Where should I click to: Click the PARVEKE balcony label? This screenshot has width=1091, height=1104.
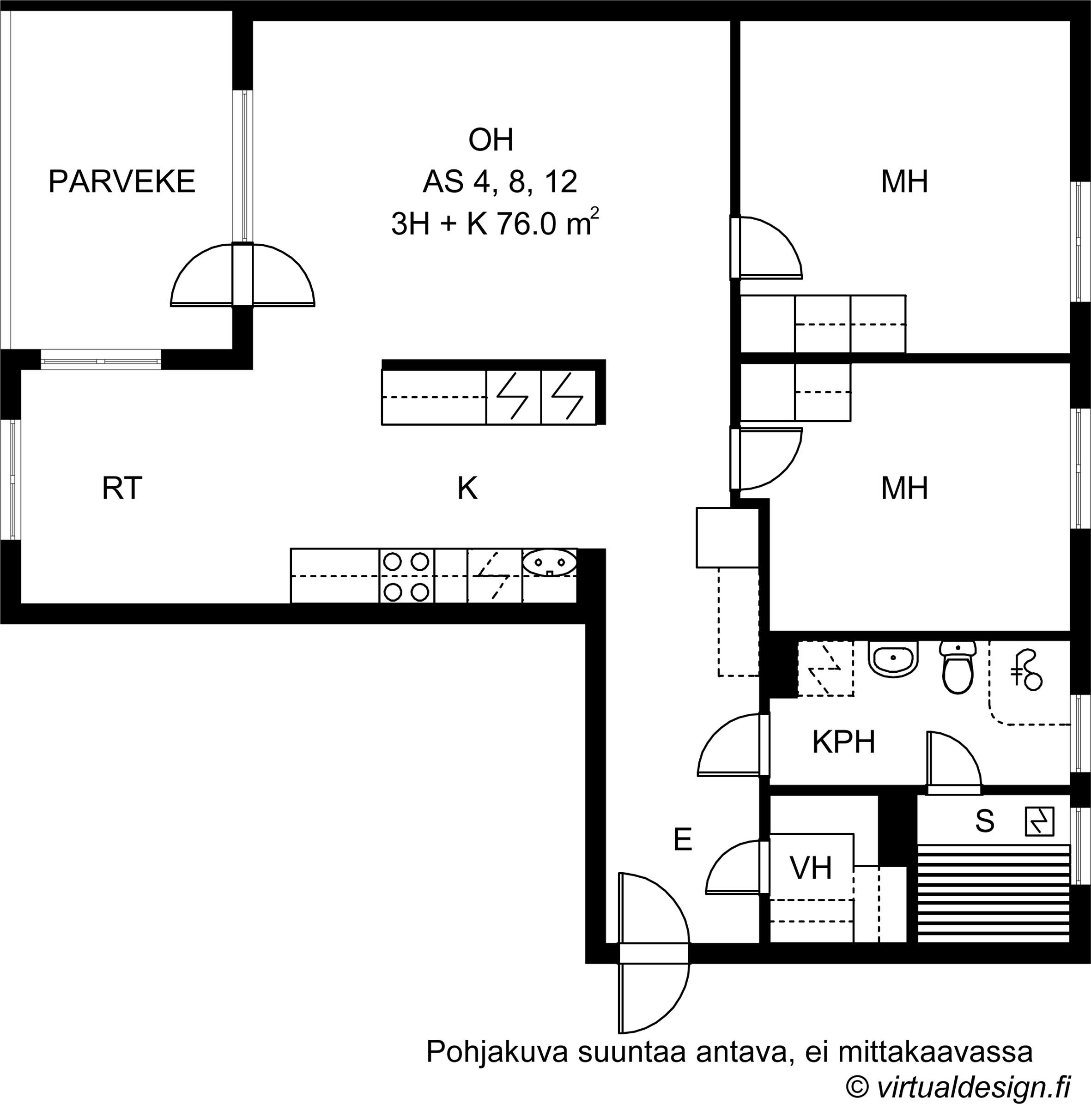(122, 182)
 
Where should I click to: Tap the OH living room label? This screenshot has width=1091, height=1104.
(491, 140)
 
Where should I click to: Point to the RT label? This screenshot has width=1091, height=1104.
(122, 489)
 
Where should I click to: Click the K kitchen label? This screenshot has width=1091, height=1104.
(467, 489)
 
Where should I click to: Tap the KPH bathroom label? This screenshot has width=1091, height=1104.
(843, 742)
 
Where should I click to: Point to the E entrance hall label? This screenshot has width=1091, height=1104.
(683, 840)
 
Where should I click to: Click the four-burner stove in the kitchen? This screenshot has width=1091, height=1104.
(406, 576)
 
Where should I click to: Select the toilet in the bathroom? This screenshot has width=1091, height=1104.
(958, 667)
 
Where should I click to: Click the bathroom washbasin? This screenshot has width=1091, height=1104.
(893, 659)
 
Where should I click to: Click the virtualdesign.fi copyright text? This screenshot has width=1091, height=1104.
(958, 1087)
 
